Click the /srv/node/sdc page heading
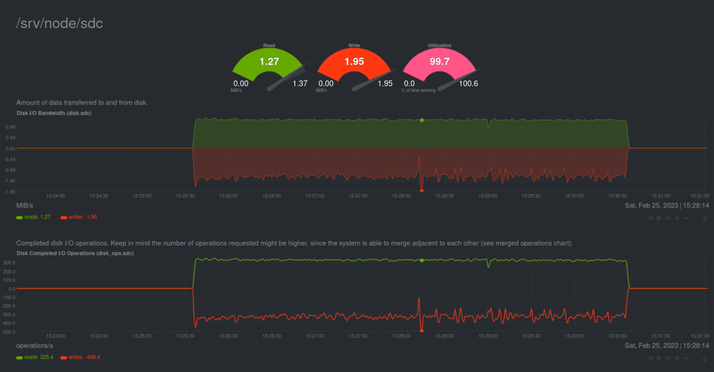pos(59,23)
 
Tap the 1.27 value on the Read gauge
pos(269,61)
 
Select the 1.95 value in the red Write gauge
pos(354,61)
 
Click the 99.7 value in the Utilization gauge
pos(439,61)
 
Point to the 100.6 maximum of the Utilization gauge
pos(468,83)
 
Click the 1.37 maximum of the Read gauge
pos(300,83)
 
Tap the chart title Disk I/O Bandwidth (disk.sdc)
pos(54,113)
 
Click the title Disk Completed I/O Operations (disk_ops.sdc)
pos(75,253)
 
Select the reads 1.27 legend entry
pos(33,217)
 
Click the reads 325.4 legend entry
pos(35,357)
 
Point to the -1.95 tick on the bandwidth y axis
pos(10,192)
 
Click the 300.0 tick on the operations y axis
pos(9,263)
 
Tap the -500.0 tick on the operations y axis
pos(9,332)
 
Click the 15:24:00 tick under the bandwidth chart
pos(56,196)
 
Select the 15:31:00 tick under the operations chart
pos(660,336)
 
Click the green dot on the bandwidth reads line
pos(422,120)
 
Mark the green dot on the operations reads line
pos(422,260)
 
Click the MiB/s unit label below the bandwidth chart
pos(24,206)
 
